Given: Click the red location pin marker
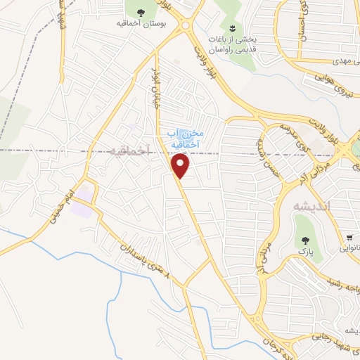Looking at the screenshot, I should pyautogui.click(x=181, y=165).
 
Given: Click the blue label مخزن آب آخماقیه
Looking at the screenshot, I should pyautogui.click(x=185, y=138).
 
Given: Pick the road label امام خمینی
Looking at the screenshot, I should pyautogui.click(x=62, y=208).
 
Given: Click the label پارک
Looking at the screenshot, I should pyautogui.click(x=303, y=250).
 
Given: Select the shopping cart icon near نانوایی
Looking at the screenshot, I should pyautogui.click(x=349, y=237).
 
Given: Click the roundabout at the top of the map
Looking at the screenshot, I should pyautogui.click(x=186, y=26).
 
